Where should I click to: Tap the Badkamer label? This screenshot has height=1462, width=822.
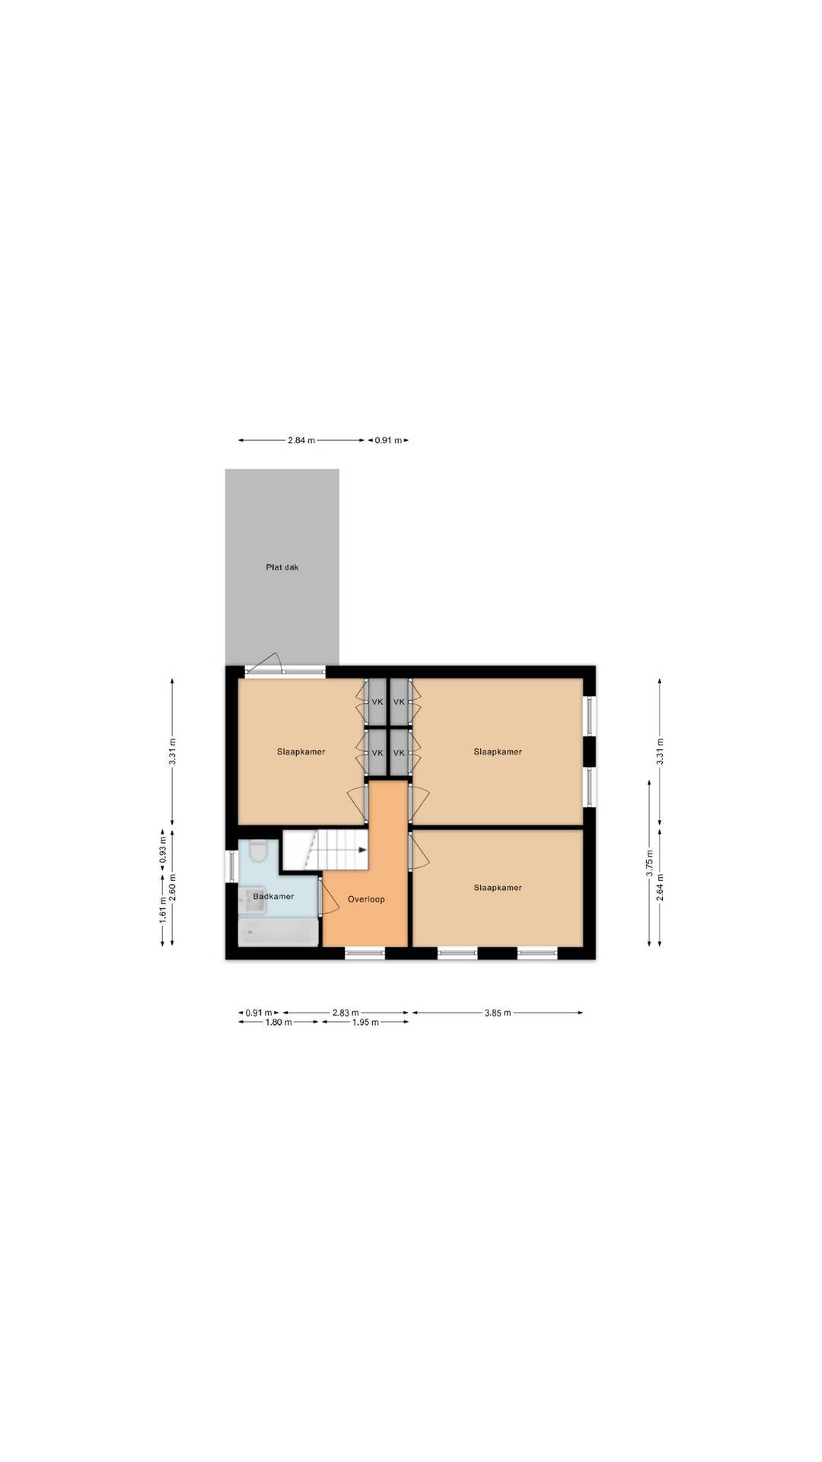tap(273, 896)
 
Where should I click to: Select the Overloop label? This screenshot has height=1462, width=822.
tap(366, 899)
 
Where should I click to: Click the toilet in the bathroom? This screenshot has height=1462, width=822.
tap(258, 851)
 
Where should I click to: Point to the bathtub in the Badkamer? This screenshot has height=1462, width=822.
tap(278, 932)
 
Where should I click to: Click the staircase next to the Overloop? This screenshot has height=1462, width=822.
tap(326, 849)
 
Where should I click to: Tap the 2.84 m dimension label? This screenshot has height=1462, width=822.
tap(301, 440)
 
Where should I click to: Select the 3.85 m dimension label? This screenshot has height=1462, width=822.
tap(497, 1013)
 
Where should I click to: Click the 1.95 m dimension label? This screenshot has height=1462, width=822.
tap(365, 1023)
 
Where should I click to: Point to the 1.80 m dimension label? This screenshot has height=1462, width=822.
tap(279, 1023)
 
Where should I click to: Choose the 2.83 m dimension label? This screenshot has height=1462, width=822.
tap(346, 1013)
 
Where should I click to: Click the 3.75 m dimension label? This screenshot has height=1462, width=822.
tap(649, 864)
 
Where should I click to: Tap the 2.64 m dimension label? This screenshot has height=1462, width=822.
tap(660, 887)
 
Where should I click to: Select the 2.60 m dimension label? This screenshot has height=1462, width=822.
tap(174, 887)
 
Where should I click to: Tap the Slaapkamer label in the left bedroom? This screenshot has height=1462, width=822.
tap(301, 752)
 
